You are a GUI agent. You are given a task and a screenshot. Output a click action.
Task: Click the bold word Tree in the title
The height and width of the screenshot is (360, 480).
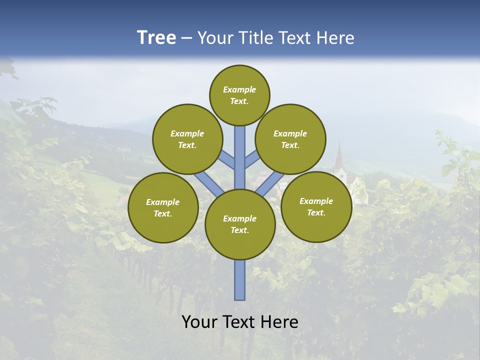tap(156, 38)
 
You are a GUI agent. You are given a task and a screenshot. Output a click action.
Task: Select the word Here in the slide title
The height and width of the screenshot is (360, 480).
tap(335, 38)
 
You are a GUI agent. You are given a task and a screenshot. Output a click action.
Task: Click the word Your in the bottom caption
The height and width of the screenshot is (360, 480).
tap(199, 322)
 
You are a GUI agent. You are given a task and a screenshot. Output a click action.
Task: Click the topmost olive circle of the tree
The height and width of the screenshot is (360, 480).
tap(239, 95)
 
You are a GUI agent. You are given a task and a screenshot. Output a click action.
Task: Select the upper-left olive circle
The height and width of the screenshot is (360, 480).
tap(187, 139)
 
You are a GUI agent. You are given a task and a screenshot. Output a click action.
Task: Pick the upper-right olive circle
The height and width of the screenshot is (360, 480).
tap(290, 139)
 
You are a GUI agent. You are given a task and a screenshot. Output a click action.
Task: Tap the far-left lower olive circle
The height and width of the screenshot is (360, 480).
tap(163, 207)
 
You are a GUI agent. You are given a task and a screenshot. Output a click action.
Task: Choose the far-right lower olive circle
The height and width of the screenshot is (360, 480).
tap(316, 206)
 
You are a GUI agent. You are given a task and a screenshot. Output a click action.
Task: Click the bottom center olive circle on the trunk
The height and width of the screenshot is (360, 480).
tap(240, 224)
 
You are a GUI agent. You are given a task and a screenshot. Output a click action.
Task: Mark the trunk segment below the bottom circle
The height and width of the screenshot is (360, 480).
tap(240, 280)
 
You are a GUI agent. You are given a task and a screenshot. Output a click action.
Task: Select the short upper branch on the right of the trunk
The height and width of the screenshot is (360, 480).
tap(252, 159)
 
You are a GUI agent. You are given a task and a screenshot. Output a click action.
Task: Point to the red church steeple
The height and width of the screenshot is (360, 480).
tap(339, 155)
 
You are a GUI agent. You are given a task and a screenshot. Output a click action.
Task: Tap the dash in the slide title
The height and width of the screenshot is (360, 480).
tap(186, 38)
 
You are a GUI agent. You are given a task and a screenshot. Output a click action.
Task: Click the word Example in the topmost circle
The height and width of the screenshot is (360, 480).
tap(239, 89)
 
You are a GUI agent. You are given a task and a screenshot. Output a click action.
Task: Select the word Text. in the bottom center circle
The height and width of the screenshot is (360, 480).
tap(239, 230)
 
